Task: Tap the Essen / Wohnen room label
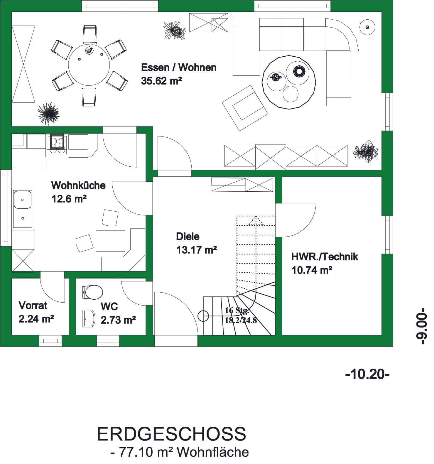tap(179, 68)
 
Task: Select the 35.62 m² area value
tap(161, 81)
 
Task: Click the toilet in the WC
tap(93, 292)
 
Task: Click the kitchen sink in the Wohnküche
tap(22, 208)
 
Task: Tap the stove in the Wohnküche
tap(57, 144)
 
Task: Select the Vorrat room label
tap(33, 305)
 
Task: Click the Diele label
tap(188, 236)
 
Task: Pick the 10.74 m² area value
tap(312, 270)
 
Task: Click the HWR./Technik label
tap(325, 257)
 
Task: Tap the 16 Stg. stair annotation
tap(237, 311)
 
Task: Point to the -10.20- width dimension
tap(368, 374)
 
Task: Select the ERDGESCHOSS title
tap(171, 434)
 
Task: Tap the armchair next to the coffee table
tap(245, 108)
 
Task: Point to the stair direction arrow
tap(256, 221)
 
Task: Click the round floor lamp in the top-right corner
tap(367, 27)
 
